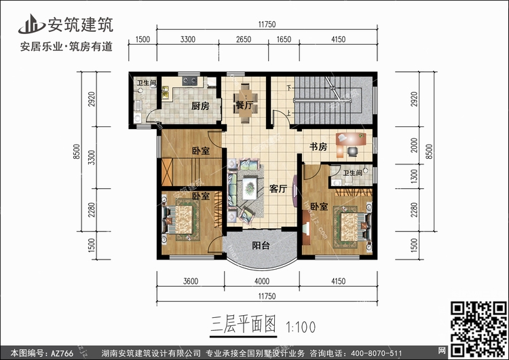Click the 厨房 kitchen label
tap(200, 106)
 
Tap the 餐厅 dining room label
tap(244, 105)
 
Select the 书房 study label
tap(318, 147)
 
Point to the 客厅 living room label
tap(278, 189)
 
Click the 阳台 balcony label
tap(261, 245)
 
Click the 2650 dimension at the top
tap(244, 39)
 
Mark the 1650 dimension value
tap(284, 39)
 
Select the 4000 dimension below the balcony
tap(262, 281)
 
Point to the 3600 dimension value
tap(191, 281)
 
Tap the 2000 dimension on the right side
tap(414, 145)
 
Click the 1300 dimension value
tap(414, 176)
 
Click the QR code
tap(479, 328)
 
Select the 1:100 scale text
tap(300, 327)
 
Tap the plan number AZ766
tap(62, 353)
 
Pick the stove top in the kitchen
tap(190, 81)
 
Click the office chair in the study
tap(352, 151)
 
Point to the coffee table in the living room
tap(249, 187)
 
